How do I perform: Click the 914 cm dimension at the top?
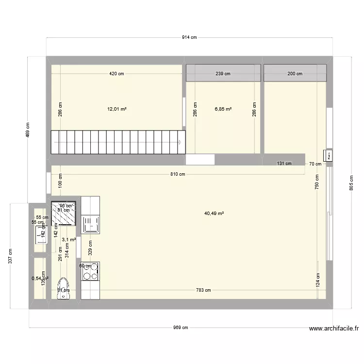(x=190, y=37)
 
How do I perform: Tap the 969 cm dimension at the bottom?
(x=181, y=328)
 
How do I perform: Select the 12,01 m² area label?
(x=117, y=109)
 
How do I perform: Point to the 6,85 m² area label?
(x=223, y=109)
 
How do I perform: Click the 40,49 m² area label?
(x=214, y=213)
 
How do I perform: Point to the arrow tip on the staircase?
(x=181, y=142)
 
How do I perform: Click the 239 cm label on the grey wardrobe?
(x=223, y=74)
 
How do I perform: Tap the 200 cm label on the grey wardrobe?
(x=295, y=74)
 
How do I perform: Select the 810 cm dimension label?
(x=178, y=174)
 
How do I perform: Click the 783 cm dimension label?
(x=203, y=290)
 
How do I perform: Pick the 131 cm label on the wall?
(x=284, y=164)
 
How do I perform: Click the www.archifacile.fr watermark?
(x=334, y=329)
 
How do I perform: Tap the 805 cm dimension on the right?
(x=351, y=182)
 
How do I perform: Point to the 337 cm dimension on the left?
(x=11, y=255)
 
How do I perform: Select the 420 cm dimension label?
(x=116, y=74)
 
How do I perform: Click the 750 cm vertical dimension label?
(x=317, y=182)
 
